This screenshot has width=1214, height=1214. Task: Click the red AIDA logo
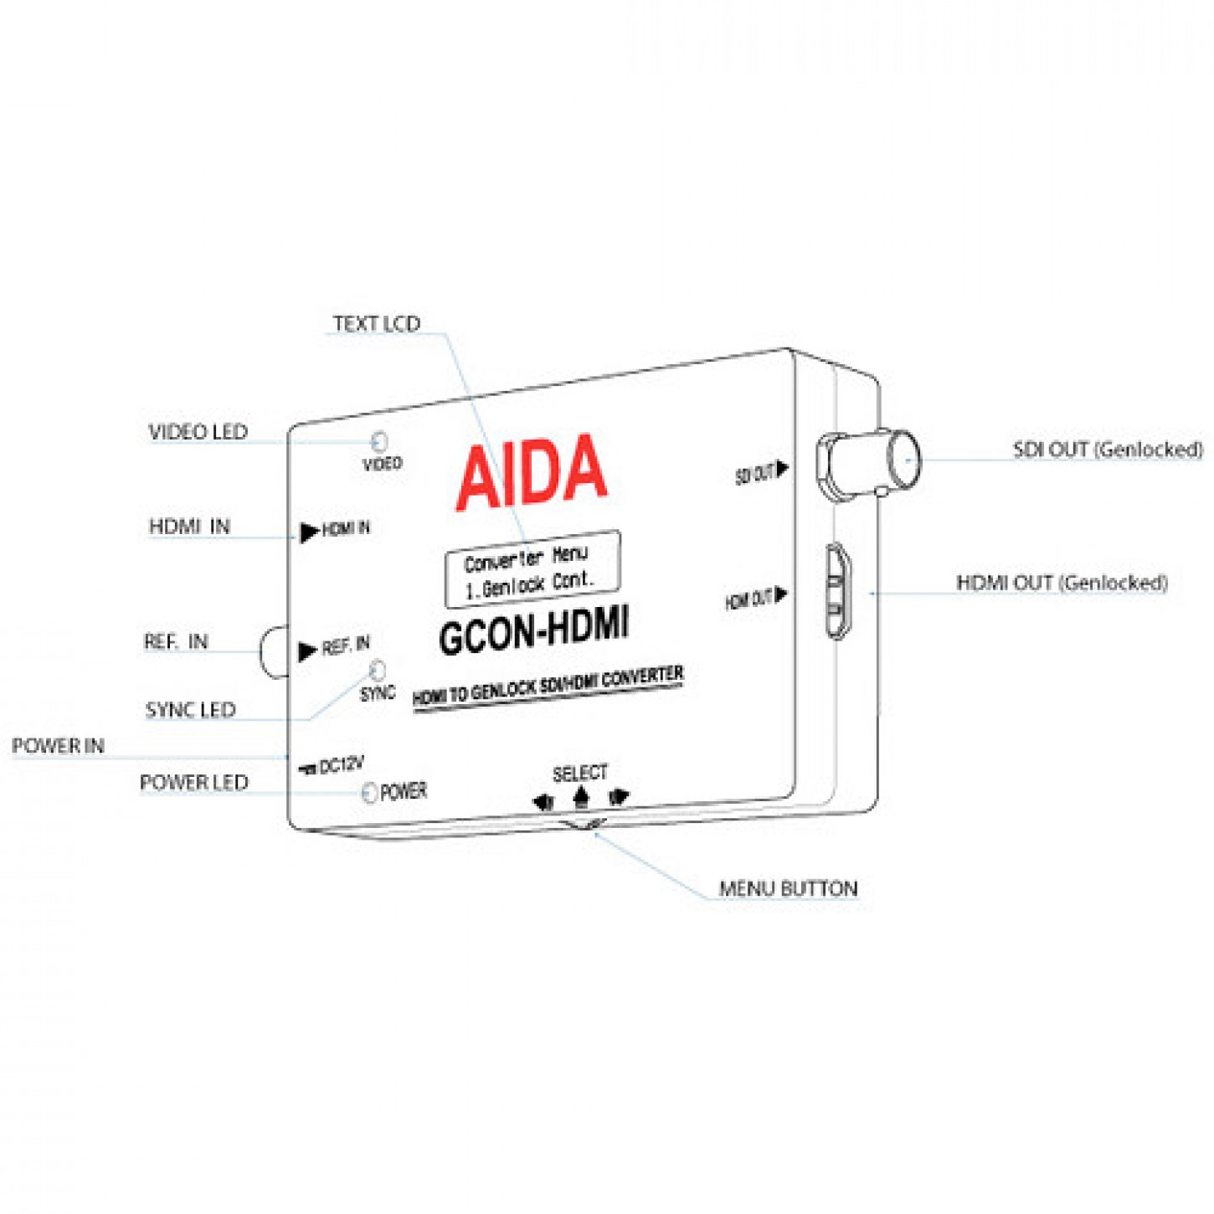click(x=531, y=473)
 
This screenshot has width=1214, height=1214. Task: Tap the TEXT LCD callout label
click(x=377, y=324)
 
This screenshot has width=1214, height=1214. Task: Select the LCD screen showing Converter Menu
click(x=532, y=568)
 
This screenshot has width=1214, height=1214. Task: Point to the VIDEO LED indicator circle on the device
click(x=379, y=440)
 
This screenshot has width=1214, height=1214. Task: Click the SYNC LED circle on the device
click(x=378, y=670)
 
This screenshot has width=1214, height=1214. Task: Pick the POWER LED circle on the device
click(x=369, y=793)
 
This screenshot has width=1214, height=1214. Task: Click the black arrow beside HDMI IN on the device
click(x=309, y=531)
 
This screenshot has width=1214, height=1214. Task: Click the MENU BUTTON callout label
click(x=788, y=888)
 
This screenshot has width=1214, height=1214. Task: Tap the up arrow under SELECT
click(x=580, y=798)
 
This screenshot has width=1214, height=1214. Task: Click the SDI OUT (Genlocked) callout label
click(x=1107, y=450)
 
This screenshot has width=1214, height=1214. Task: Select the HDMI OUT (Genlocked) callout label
click(x=1061, y=583)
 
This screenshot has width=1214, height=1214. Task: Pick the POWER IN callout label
click(x=58, y=745)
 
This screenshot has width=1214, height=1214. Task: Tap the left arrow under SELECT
click(x=543, y=802)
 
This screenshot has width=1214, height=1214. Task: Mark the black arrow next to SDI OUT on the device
click(x=782, y=469)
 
